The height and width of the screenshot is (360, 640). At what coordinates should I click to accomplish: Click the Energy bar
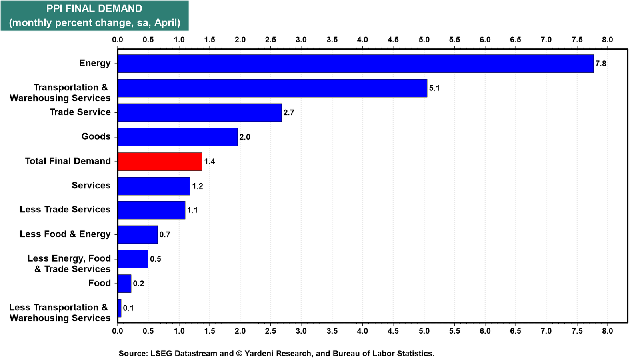tap(356, 64)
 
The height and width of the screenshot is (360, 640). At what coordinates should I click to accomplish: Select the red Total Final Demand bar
tap(160, 162)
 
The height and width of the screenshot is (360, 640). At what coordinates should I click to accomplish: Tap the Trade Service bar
tap(200, 112)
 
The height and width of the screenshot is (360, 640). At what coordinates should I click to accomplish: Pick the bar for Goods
tap(178, 137)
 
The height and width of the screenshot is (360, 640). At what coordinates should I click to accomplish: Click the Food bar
tap(124, 284)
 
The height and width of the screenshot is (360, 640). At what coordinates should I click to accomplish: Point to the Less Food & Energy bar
tap(138, 234)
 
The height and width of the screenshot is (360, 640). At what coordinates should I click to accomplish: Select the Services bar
tap(154, 186)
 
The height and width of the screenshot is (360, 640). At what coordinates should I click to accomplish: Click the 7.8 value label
tap(600, 64)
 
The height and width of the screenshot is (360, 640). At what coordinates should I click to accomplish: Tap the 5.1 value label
tap(434, 88)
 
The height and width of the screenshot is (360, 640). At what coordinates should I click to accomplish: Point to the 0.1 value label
tap(128, 308)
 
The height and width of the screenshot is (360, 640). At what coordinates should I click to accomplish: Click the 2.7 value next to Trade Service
tap(288, 112)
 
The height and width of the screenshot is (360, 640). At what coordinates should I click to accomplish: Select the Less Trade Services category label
tap(65, 210)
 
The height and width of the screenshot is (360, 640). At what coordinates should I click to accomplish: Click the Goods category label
tap(96, 136)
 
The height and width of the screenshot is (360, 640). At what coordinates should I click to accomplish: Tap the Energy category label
tap(95, 63)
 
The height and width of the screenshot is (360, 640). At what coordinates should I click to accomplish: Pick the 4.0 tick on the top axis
tap(362, 40)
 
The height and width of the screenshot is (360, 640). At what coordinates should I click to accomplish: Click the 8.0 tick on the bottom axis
tap(608, 331)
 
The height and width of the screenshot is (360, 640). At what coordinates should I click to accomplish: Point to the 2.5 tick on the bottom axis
tap(270, 331)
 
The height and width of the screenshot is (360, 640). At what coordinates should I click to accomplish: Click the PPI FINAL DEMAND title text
tap(94, 8)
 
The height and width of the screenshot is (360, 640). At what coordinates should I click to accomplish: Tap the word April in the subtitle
tap(167, 23)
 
